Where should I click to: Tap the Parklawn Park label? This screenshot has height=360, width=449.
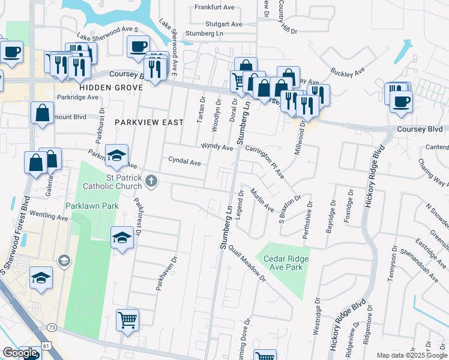coord(91,206)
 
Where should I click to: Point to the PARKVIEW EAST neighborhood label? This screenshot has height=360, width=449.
coord(149,122)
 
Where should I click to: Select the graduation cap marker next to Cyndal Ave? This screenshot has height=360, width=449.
coord(117,155)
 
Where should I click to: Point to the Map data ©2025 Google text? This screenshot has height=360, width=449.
coord(412,355)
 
